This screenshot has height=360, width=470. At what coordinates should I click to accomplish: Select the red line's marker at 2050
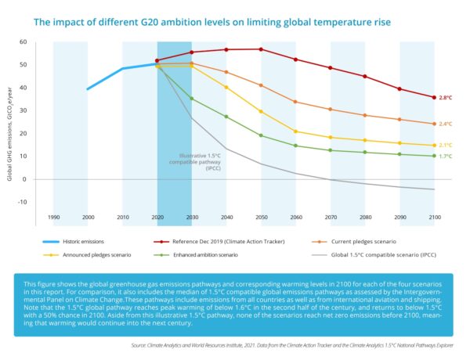(260, 49)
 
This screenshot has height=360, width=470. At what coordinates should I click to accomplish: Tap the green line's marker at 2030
(192, 98)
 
